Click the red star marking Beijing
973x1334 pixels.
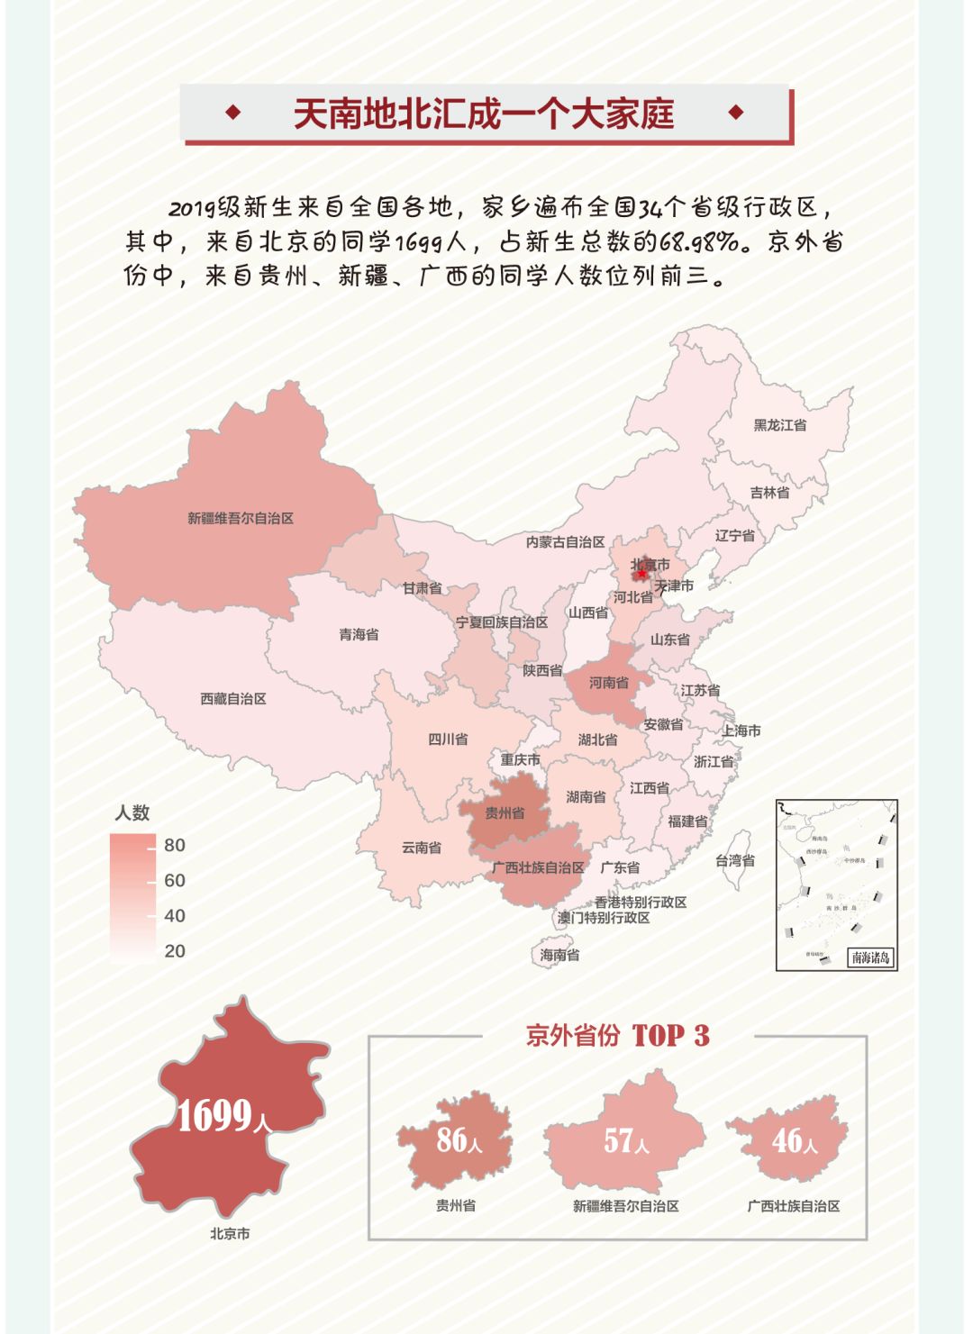[641, 574]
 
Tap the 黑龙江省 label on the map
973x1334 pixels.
[780, 424]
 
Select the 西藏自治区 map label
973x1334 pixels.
[232, 698]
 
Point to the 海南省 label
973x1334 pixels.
[559, 955]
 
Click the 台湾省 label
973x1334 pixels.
[735, 860]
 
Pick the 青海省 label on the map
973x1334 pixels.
[359, 634]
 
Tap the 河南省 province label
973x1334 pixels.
[609, 683]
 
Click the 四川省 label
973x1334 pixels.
[448, 739]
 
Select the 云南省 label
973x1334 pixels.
[421, 847]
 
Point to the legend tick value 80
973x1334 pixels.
[175, 845]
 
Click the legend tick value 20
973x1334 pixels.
[175, 951]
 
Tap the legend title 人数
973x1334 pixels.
[132, 812]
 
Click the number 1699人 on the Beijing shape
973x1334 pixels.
[223, 1117]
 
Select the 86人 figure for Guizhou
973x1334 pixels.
[459, 1140]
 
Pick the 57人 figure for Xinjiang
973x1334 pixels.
[625, 1141]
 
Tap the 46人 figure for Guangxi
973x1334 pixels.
[794, 1141]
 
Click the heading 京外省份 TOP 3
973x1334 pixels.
[618, 1036]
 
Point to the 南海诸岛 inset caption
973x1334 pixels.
[870, 957]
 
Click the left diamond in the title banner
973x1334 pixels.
[233, 113]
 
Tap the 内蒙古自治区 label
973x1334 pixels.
[565, 541]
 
